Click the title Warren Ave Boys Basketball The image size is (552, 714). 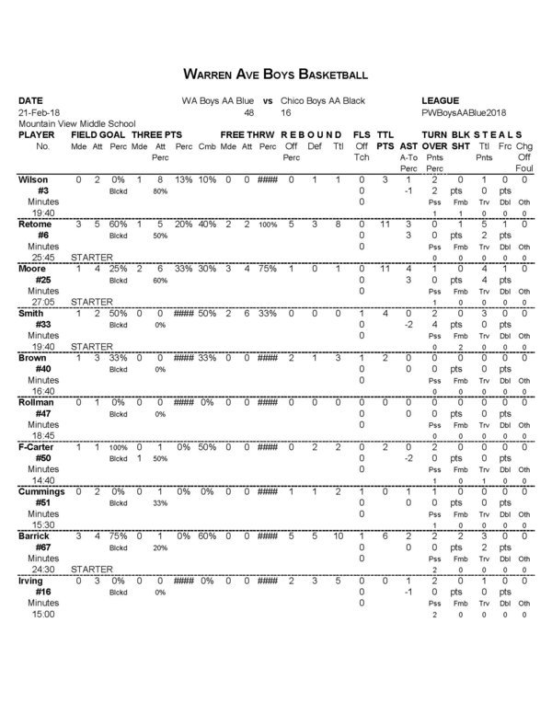[276, 73]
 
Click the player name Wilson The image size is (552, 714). [34, 178]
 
